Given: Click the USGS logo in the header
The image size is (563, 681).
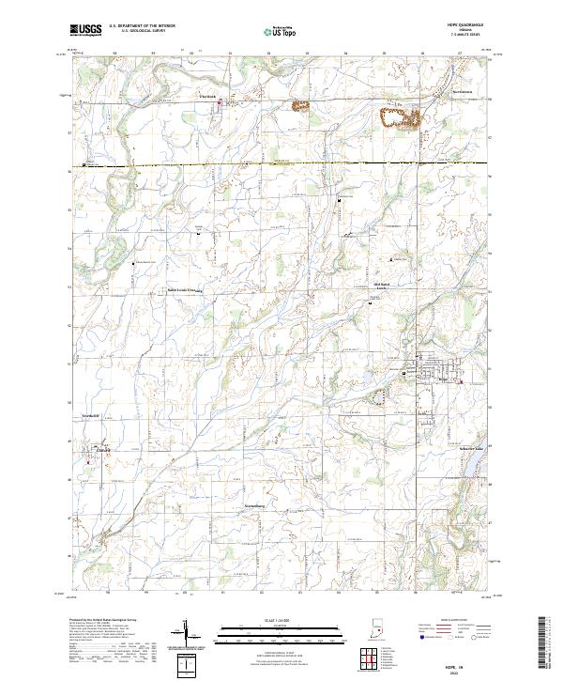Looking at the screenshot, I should point(85,30).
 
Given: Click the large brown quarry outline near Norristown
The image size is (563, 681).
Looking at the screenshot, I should point(399,117).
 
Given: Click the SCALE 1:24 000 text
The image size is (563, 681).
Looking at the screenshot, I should point(281,620).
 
